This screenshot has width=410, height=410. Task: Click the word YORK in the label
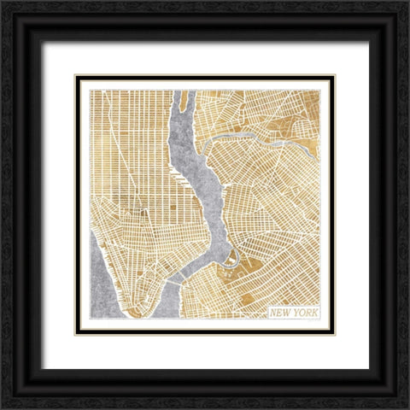305,313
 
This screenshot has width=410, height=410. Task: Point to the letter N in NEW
274,313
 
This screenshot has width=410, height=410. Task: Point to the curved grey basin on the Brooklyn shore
231,256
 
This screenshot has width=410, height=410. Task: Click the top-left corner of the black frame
3,3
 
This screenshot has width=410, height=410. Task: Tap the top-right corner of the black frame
407,3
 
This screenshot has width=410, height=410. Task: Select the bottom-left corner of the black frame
3,407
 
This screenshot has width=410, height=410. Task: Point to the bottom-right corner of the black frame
407,407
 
